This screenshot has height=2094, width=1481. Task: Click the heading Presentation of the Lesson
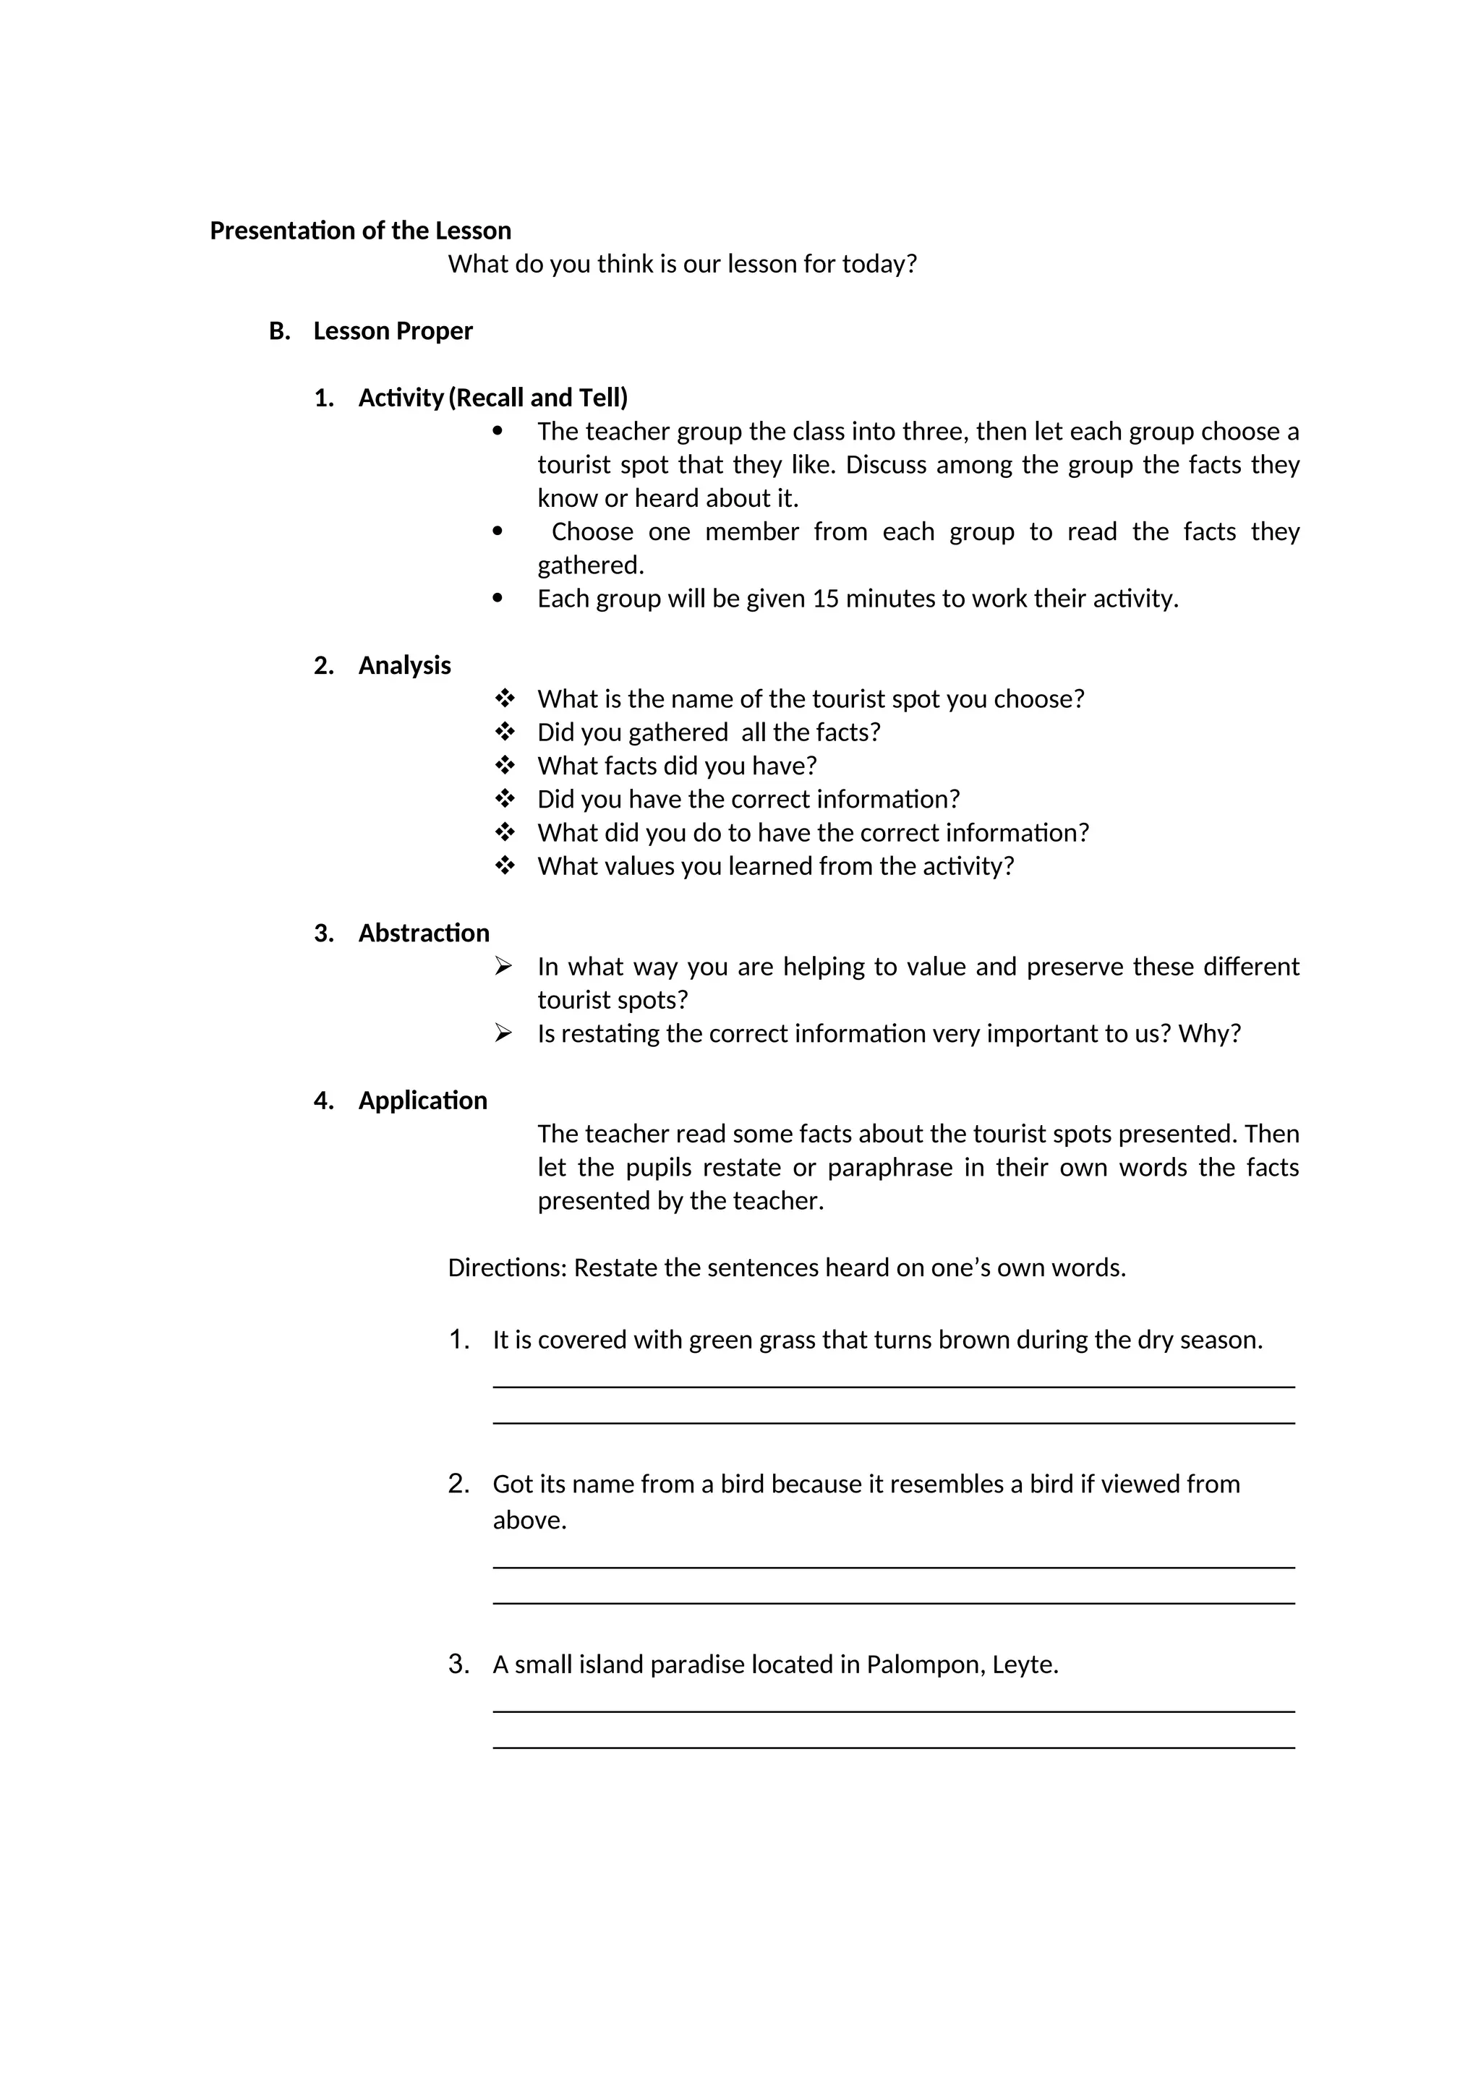tap(360, 231)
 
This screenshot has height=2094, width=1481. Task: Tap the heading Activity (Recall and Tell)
tap(492, 398)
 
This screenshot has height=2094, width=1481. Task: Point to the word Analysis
tap(404, 666)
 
